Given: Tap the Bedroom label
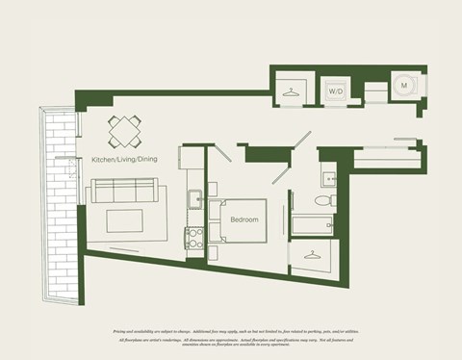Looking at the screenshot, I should (244, 220).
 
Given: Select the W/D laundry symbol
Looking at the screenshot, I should (336, 91).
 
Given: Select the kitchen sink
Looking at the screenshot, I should (193, 199).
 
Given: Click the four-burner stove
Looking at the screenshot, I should (194, 238).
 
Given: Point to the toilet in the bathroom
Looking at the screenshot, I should (324, 201).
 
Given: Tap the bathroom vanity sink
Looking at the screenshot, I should (329, 176).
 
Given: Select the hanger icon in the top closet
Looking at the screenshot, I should (290, 91).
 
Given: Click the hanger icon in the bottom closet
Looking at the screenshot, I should (312, 255).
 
